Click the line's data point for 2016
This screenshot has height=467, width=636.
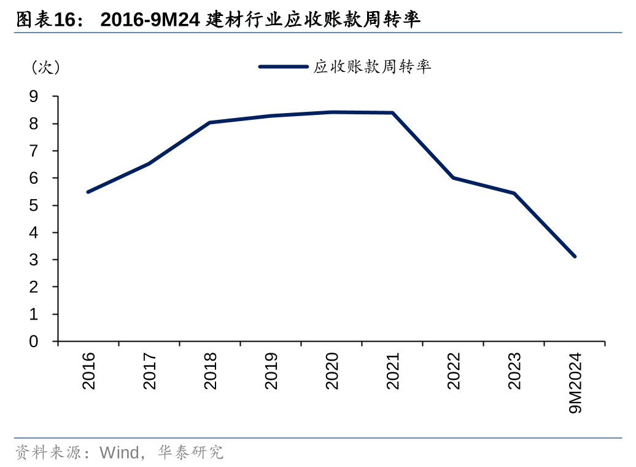88,192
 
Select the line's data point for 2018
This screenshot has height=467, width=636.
210,122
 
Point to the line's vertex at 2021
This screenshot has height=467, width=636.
392,112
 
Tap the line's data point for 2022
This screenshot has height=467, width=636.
453,178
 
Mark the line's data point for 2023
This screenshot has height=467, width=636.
514,193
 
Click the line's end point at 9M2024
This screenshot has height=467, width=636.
575,256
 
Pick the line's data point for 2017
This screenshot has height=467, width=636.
149,163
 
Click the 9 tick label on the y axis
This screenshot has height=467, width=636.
34,96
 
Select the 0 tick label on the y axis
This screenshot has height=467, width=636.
34,341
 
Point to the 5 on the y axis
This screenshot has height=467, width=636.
34,205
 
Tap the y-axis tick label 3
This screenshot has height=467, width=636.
34,259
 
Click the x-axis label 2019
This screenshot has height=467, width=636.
271,371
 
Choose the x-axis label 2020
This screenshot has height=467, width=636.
332,371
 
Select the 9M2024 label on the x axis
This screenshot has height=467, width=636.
575,382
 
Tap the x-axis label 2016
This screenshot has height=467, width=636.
88,371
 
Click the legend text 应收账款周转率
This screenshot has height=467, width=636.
372,66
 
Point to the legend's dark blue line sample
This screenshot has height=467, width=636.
283,66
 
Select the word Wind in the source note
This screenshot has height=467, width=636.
119,453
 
